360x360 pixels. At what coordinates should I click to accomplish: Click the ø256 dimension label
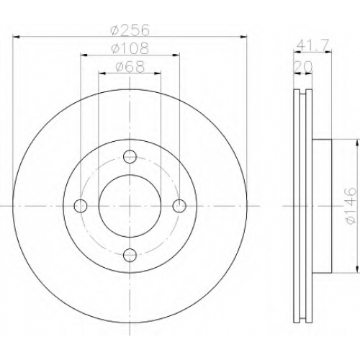[130, 30]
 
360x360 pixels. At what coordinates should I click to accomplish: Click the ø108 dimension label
[130, 48]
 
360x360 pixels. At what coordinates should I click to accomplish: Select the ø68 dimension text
[130, 67]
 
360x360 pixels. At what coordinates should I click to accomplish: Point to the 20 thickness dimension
[303, 66]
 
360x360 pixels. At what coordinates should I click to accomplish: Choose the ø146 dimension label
[350, 206]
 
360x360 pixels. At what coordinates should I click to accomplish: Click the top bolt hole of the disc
[130, 157]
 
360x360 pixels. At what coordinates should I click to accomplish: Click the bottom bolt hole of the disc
[130, 255]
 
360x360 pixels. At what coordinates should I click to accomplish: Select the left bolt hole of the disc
[81, 206]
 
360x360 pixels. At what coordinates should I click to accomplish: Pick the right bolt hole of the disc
[179, 206]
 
